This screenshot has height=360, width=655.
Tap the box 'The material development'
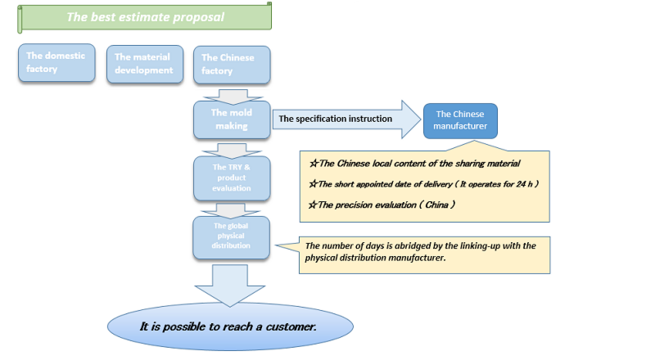click(x=143, y=63)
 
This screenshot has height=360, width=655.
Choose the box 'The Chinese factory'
click(x=231, y=63)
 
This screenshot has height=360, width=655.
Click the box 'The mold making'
click(x=231, y=119)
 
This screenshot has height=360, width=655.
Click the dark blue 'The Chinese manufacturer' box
click(x=460, y=120)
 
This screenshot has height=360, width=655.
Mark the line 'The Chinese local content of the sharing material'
click(x=414, y=163)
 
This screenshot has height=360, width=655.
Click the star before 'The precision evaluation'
click(x=312, y=205)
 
